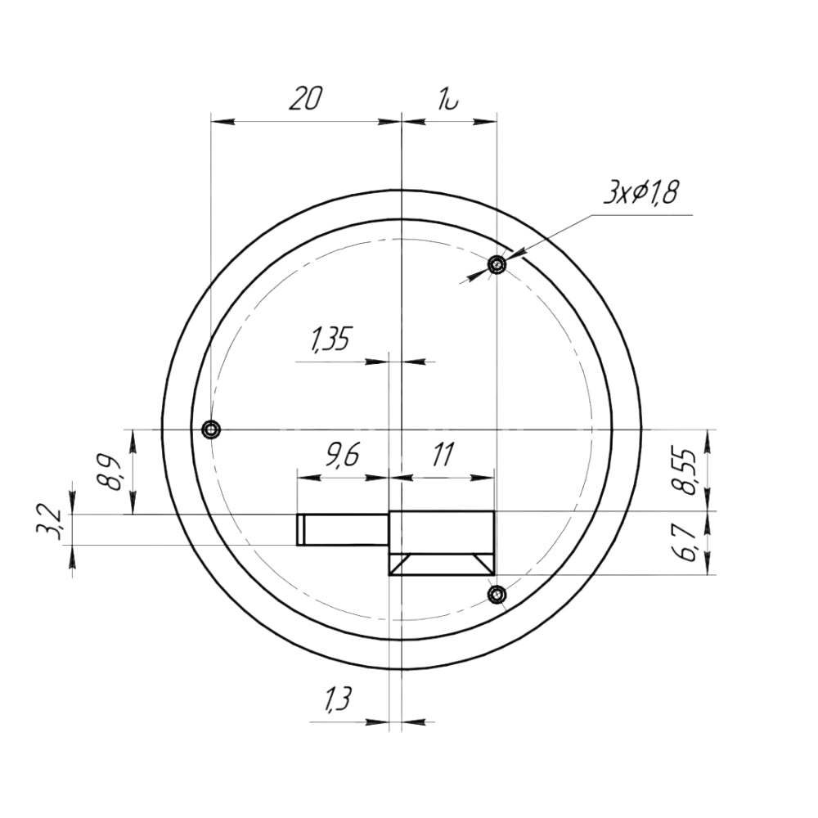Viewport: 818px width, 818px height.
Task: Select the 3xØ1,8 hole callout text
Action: [x=642, y=194]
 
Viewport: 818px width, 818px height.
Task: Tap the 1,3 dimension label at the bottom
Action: [x=337, y=700]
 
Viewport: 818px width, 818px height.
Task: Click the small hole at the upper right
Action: [x=497, y=264]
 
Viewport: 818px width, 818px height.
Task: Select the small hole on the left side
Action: [x=211, y=429]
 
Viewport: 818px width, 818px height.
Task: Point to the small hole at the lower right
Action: [x=496, y=594]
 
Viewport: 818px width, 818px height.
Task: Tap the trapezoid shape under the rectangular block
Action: [x=442, y=564]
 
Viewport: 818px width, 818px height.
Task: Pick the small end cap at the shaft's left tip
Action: [x=300, y=529]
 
